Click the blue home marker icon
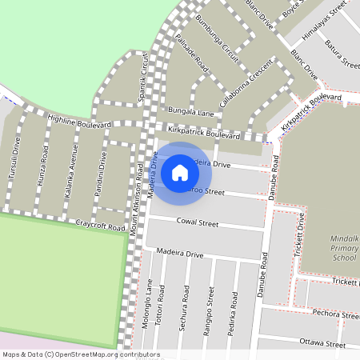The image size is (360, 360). pos(180,171)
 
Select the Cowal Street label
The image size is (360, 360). pos(197,223)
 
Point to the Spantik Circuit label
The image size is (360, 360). pos(145,76)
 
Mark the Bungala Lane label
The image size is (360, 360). pos(190,112)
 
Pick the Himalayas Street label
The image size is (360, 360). pos(323,22)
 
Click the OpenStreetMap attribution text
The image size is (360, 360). pos(81,354)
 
